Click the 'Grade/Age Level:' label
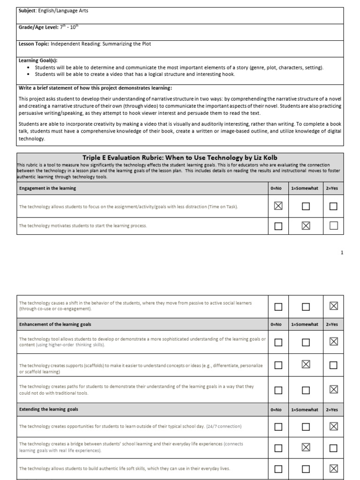tap(38, 28)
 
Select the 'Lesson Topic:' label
tap(34, 44)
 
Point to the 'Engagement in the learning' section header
tap(47, 188)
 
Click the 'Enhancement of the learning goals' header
tap(55, 324)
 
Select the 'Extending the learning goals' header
tap(48, 409)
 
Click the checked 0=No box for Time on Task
tap(278, 206)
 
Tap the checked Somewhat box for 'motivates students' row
tap(306, 226)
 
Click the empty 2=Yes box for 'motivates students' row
tap(333, 226)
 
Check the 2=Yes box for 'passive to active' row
tap(333, 307)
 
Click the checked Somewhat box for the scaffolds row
tap(306, 365)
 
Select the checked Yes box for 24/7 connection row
tap(333, 427)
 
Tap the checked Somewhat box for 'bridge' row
tap(306, 447)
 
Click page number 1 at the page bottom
tap(342, 253)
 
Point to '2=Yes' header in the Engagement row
tap(331, 188)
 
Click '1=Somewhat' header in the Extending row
tap(305, 410)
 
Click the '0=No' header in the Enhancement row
tap(277, 324)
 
